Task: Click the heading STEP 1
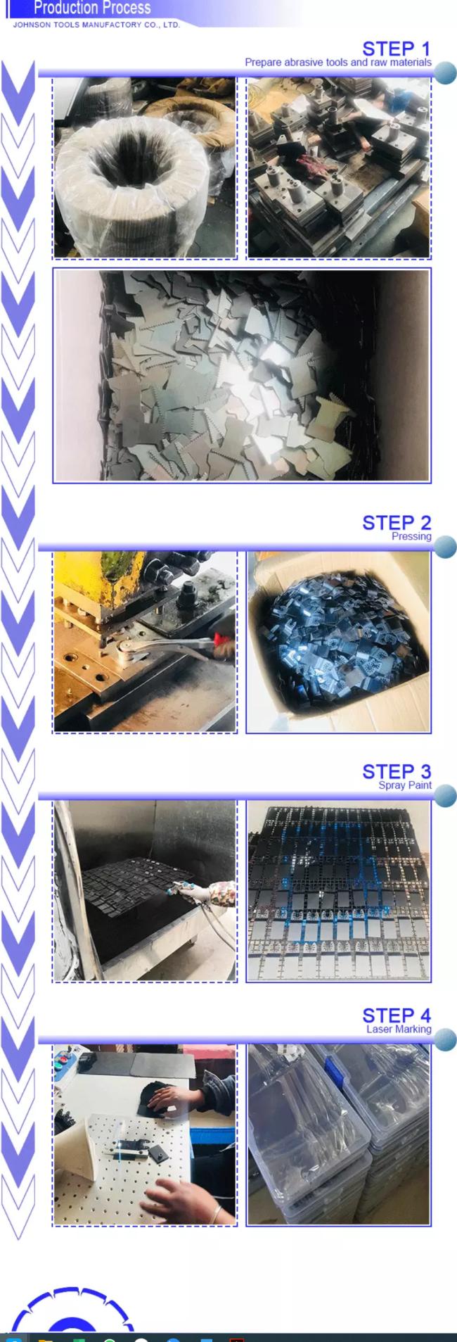(x=397, y=49)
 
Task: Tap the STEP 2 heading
(x=397, y=522)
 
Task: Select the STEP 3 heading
(x=397, y=771)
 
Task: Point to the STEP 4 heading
(x=397, y=1015)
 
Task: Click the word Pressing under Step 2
(x=411, y=536)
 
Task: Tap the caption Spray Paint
(x=405, y=785)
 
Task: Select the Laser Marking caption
(x=399, y=1029)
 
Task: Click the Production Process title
(x=92, y=8)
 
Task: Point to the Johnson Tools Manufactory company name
(x=96, y=25)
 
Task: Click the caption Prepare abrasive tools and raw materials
(x=338, y=62)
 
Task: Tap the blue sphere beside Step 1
(x=445, y=72)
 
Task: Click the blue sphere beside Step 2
(x=445, y=546)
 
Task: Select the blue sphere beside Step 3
(x=445, y=795)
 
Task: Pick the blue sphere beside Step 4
(x=445, y=1039)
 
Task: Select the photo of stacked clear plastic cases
(x=338, y=1134)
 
